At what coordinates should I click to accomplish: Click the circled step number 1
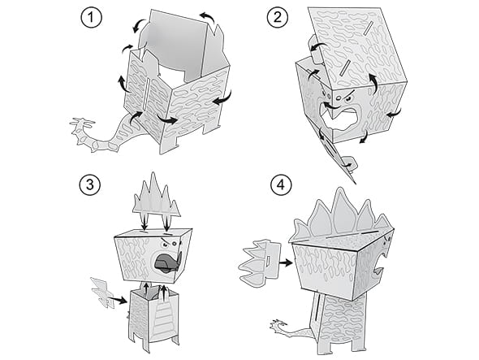91,18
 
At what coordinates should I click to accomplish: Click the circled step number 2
278,17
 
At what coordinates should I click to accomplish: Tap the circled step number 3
90,184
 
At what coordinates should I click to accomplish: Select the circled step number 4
281,184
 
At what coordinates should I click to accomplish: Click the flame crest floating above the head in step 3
156,196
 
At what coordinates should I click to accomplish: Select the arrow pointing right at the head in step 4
286,262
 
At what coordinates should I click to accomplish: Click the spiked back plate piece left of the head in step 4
259,263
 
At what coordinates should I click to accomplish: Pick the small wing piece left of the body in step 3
102,292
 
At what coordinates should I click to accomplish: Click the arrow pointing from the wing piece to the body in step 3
119,299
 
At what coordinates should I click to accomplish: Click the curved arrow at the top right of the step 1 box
209,16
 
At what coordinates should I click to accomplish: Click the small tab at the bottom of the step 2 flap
350,163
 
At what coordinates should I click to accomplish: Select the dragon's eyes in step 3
170,244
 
